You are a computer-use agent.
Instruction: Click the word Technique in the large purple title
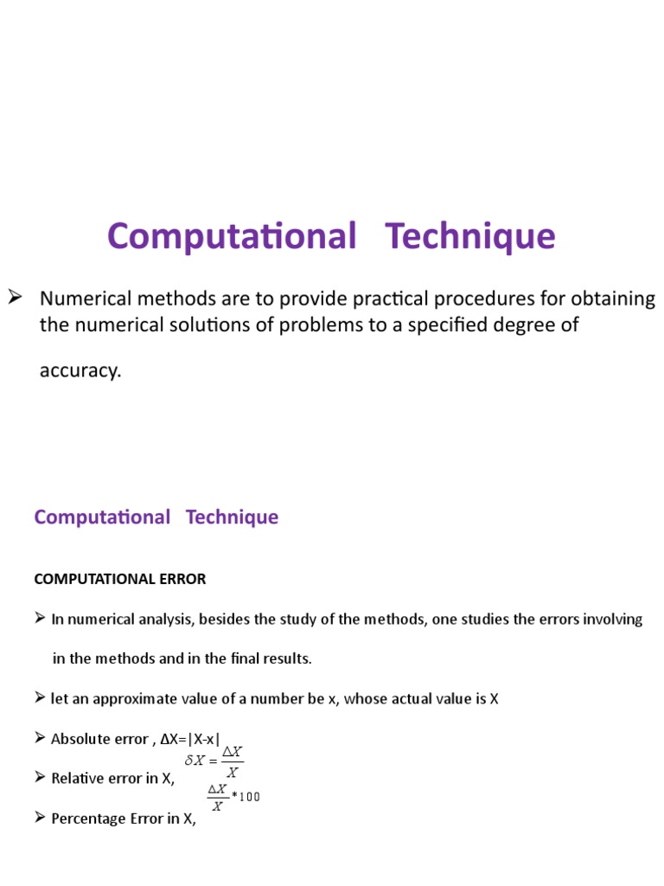coord(470,236)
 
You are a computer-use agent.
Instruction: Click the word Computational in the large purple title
coord(232,236)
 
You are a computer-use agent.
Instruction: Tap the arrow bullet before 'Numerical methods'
coord(15,299)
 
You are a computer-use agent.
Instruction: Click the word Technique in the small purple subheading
coord(232,517)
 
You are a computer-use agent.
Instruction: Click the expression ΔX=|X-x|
coord(190,739)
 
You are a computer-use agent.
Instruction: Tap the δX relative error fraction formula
coord(215,761)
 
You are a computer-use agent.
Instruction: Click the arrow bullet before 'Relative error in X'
coord(40,778)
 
